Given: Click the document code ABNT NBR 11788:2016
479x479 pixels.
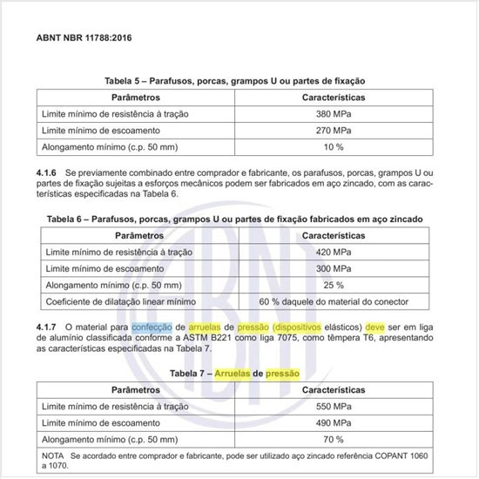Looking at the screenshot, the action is click(x=84, y=37).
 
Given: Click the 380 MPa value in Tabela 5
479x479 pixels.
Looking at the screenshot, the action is click(x=332, y=114).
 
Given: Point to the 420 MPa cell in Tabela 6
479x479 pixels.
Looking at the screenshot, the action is click(x=332, y=251).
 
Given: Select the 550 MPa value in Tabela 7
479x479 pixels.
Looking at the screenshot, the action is click(x=332, y=407).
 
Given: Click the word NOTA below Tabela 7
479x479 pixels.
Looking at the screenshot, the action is click(x=54, y=455).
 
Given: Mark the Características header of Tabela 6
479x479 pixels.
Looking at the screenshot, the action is click(x=332, y=234).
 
